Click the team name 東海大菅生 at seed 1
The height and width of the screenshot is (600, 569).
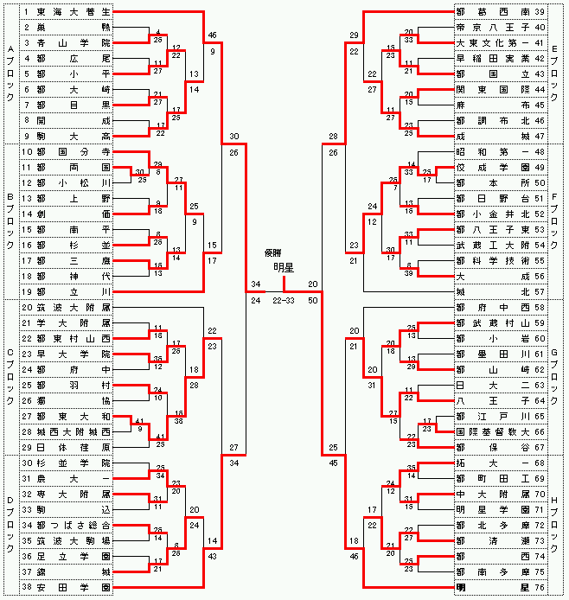74,13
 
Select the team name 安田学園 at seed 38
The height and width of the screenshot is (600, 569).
74,587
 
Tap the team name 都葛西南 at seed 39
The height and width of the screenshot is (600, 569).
494,13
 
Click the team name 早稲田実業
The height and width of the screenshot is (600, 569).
494,59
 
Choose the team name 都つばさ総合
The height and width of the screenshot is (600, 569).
74,526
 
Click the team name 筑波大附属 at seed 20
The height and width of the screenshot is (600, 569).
74,307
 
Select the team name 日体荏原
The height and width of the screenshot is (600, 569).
74,447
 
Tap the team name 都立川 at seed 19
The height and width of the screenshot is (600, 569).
74,292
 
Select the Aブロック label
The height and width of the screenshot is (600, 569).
10,73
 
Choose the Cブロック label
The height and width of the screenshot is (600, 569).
10,376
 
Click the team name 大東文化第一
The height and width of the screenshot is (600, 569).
494,43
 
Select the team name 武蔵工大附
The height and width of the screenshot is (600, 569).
494,246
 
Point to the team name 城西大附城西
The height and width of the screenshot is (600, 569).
74,431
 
